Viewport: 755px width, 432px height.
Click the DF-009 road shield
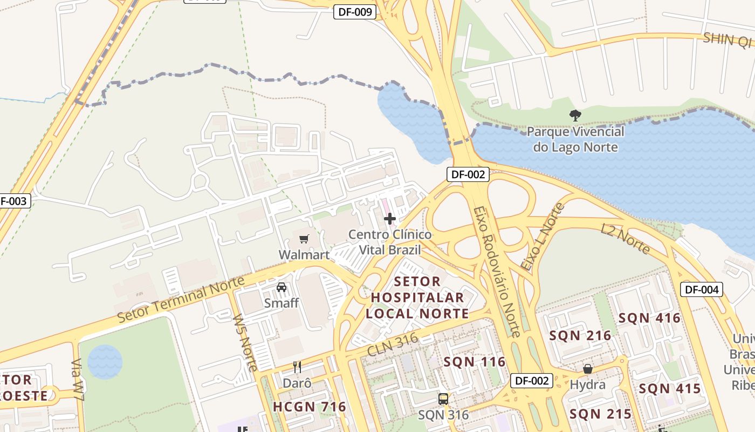[354, 12]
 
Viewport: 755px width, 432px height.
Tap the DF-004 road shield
[701, 289]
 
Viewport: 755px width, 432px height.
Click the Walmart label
[304, 254]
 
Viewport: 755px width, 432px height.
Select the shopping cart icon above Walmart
[304, 239]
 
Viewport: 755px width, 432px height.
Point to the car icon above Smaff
[282, 287]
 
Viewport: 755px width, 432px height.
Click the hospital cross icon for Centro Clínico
[389, 219]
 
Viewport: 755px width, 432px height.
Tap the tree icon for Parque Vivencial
[575, 115]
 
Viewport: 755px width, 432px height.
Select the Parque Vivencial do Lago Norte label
[575, 139]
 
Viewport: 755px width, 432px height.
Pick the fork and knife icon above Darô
[297, 367]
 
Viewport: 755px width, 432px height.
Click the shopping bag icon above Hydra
[588, 369]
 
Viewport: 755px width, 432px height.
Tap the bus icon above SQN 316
[443, 399]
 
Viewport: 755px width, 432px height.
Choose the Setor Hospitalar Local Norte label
[417, 298]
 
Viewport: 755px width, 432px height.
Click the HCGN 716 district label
[309, 407]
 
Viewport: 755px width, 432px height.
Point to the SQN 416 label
[649, 318]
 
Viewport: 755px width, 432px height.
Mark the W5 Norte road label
[245, 342]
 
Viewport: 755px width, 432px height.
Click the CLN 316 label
[393, 344]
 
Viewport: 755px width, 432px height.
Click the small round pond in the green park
[105, 361]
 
